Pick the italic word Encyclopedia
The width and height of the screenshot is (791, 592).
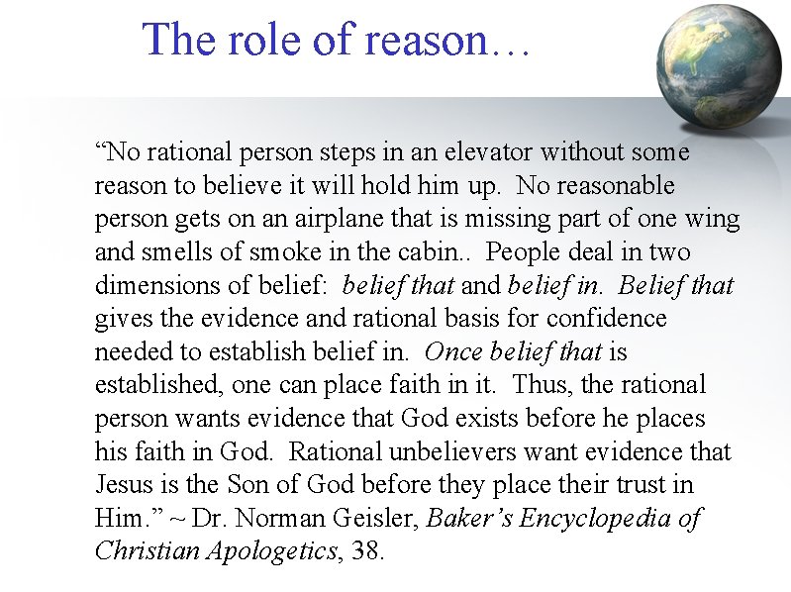pyautogui.click(x=609, y=519)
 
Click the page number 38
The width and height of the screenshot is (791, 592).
pyautogui.click(x=367, y=551)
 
